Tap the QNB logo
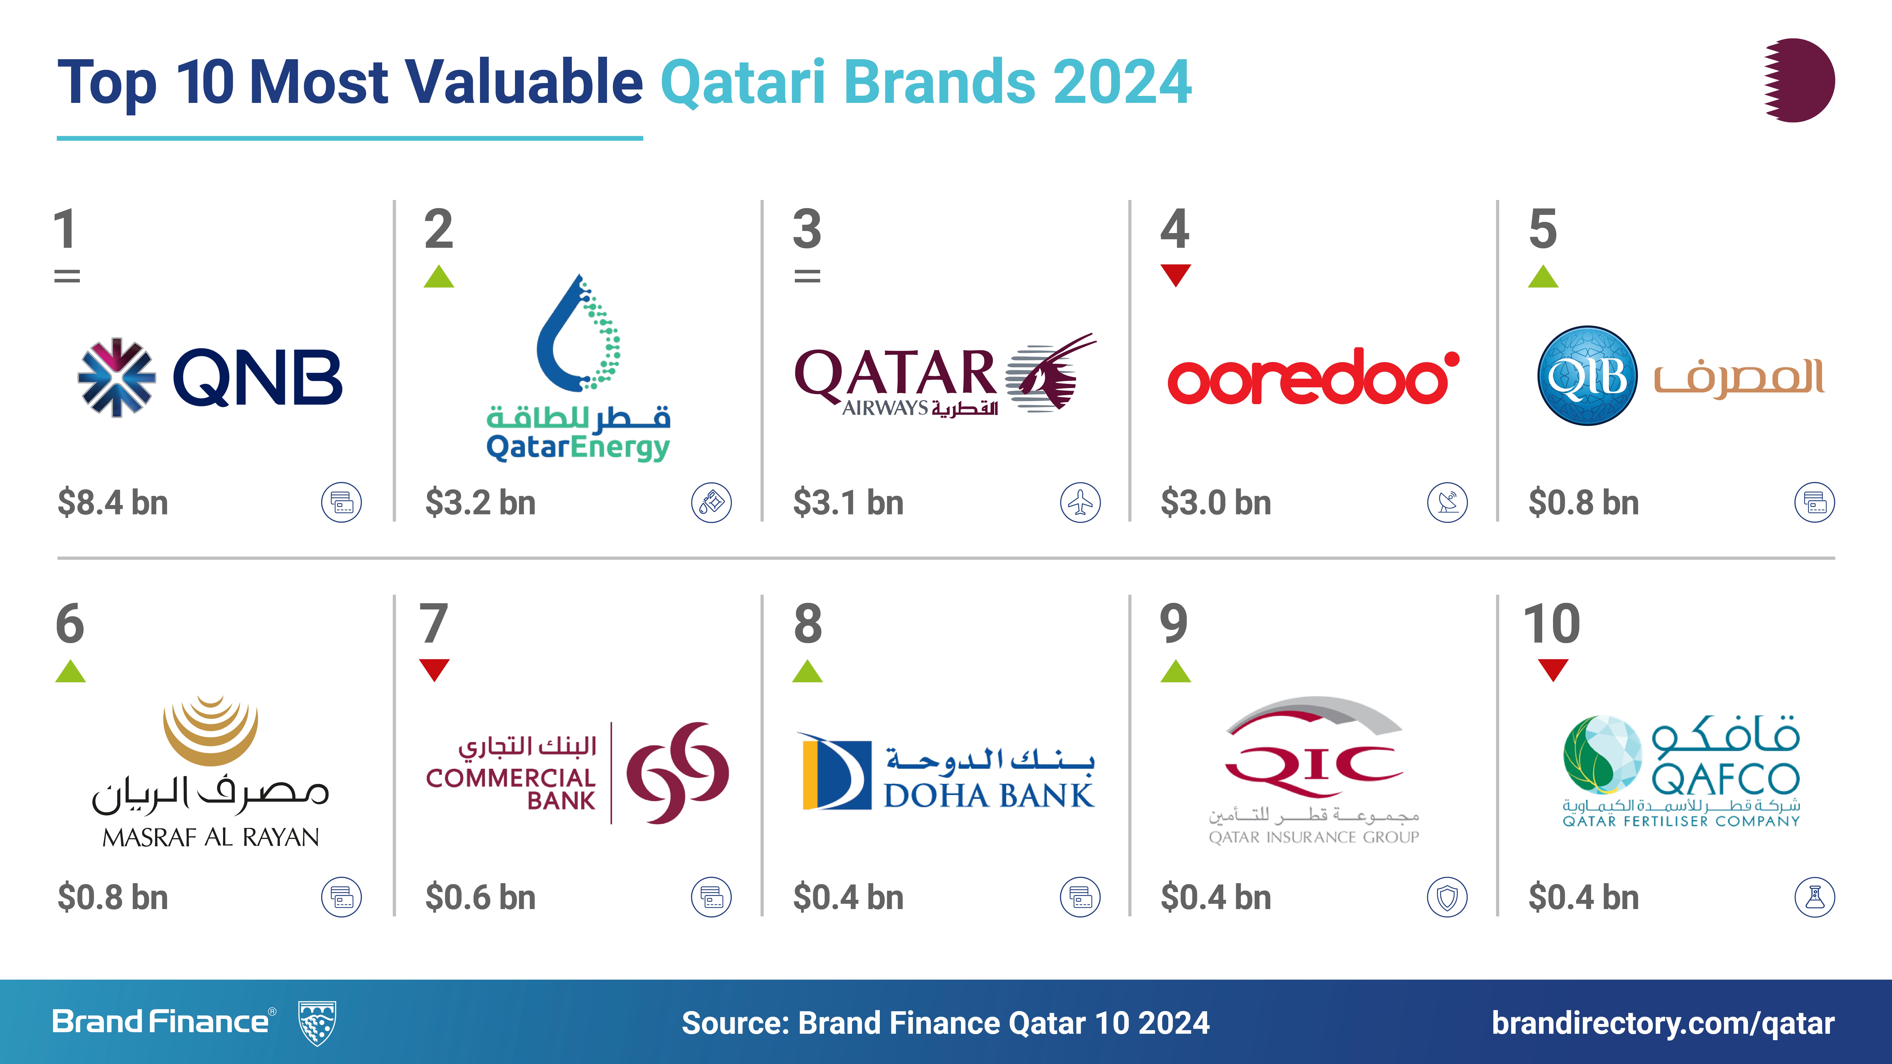coord(210,377)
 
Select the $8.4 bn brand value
coord(113,503)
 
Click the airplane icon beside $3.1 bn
coord(1080,503)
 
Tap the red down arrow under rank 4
coord(1175,275)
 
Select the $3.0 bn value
coord(1216,503)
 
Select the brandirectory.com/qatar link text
coord(1663,1023)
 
